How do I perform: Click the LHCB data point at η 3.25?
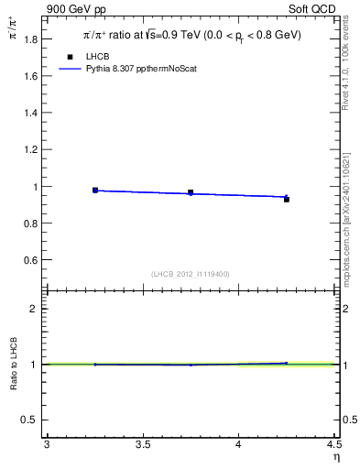(x=95, y=190)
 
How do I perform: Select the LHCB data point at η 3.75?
(x=191, y=192)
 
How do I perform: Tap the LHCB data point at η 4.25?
(x=286, y=199)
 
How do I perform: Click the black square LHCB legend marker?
(x=70, y=57)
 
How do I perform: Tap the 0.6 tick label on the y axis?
(x=33, y=260)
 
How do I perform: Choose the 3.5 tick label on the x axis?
(x=142, y=445)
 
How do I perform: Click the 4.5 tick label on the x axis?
(x=333, y=445)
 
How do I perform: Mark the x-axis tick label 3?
(x=47, y=445)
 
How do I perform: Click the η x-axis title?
(x=335, y=457)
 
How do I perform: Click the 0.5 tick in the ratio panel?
(x=33, y=420)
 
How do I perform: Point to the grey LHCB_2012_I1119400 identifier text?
(x=191, y=273)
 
